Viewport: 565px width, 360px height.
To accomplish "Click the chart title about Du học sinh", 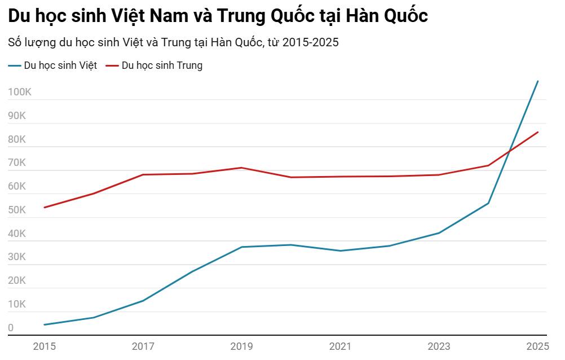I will [x=218, y=16].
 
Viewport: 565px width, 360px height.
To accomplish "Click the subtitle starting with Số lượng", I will [x=173, y=42].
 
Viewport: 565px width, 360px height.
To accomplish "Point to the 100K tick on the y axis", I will [x=20, y=93].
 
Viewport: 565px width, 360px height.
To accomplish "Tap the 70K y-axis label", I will [x=17, y=163].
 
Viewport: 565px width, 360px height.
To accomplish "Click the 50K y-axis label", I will [x=17, y=210].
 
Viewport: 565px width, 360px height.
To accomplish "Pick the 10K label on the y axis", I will [x=17, y=304].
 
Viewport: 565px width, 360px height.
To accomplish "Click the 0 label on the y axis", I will [x=11, y=328].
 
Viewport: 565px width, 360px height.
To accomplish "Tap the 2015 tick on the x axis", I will [x=44, y=346].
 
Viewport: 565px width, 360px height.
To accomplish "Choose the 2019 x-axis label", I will [x=241, y=346].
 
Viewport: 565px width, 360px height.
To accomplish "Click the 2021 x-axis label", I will [x=340, y=346].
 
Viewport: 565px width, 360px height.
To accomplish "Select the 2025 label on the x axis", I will [x=537, y=346].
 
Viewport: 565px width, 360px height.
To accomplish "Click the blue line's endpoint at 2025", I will [x=538, y=81].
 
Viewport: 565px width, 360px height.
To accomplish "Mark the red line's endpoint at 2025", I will [x=538, y=132].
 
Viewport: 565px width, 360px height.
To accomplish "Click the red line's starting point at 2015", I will [x=44, y=208].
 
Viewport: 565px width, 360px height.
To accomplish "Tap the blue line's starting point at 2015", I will [x=44, y=324].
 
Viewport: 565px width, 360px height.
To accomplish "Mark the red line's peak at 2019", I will [x=241, y=168].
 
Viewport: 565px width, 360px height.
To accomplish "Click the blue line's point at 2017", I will [x=143, y=301].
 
